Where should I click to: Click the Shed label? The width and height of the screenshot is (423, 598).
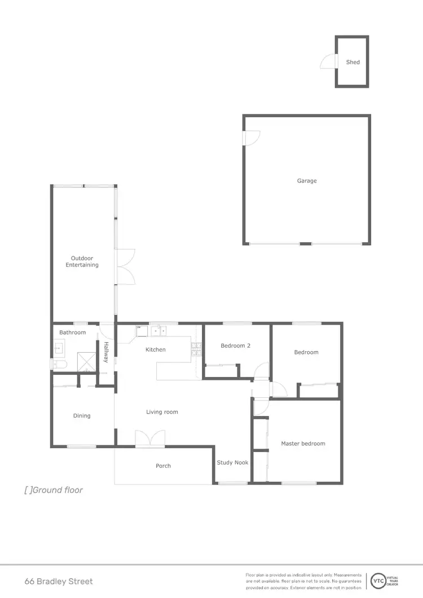tap(353, 62)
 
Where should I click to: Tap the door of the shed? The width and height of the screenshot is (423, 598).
tap(328, 61)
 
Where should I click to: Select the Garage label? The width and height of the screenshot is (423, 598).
tap(307, 181)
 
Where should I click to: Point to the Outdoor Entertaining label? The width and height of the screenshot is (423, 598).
tap(82, 262)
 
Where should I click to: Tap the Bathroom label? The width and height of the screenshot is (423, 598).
tap(73, 333)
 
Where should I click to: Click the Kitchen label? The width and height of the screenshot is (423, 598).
tap(156, 349)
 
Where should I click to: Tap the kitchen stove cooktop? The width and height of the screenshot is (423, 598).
tap(197, 349)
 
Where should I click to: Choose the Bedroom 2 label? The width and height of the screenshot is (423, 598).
tap(236, 345)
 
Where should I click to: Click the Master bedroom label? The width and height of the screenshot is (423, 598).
tap(303, 444)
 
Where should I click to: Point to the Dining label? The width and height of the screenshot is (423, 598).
tap(82, 416)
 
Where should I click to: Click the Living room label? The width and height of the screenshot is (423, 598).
tap(162, 412)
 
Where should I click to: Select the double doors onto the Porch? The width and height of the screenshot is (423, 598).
tap(150, 438)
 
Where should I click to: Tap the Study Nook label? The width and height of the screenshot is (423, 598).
tap(233, 463)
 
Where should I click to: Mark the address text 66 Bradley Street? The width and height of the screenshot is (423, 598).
tap(59, 581)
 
